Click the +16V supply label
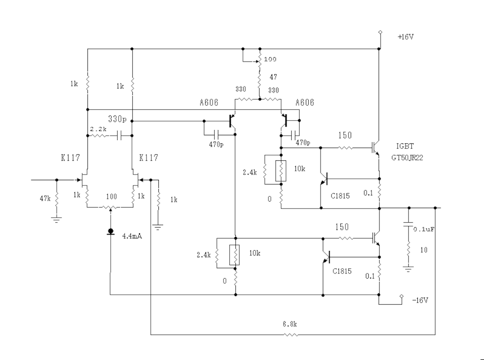tap(406, 37)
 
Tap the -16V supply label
tap(420, 300)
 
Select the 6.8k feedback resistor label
tap(290, 324)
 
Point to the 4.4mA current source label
tap(132, 236)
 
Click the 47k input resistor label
tap(45, 199)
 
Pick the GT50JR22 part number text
tap(407, 158)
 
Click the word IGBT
tap(405, 146)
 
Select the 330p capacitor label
tap(117, 119)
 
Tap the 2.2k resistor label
tap(98, 129)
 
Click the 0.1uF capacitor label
tap(424, 229)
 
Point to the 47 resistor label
tap(273, 77)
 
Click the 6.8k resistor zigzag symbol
tap(291, 334)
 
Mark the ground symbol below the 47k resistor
tap(57, 220)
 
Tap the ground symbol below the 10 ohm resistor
tap(408, 269)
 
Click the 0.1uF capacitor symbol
tap(408, 224)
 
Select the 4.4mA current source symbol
tap(111, 231)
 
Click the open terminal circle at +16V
tap(380, 32)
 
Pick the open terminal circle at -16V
tap(402, 296)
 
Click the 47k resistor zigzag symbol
tap(57, 201)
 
